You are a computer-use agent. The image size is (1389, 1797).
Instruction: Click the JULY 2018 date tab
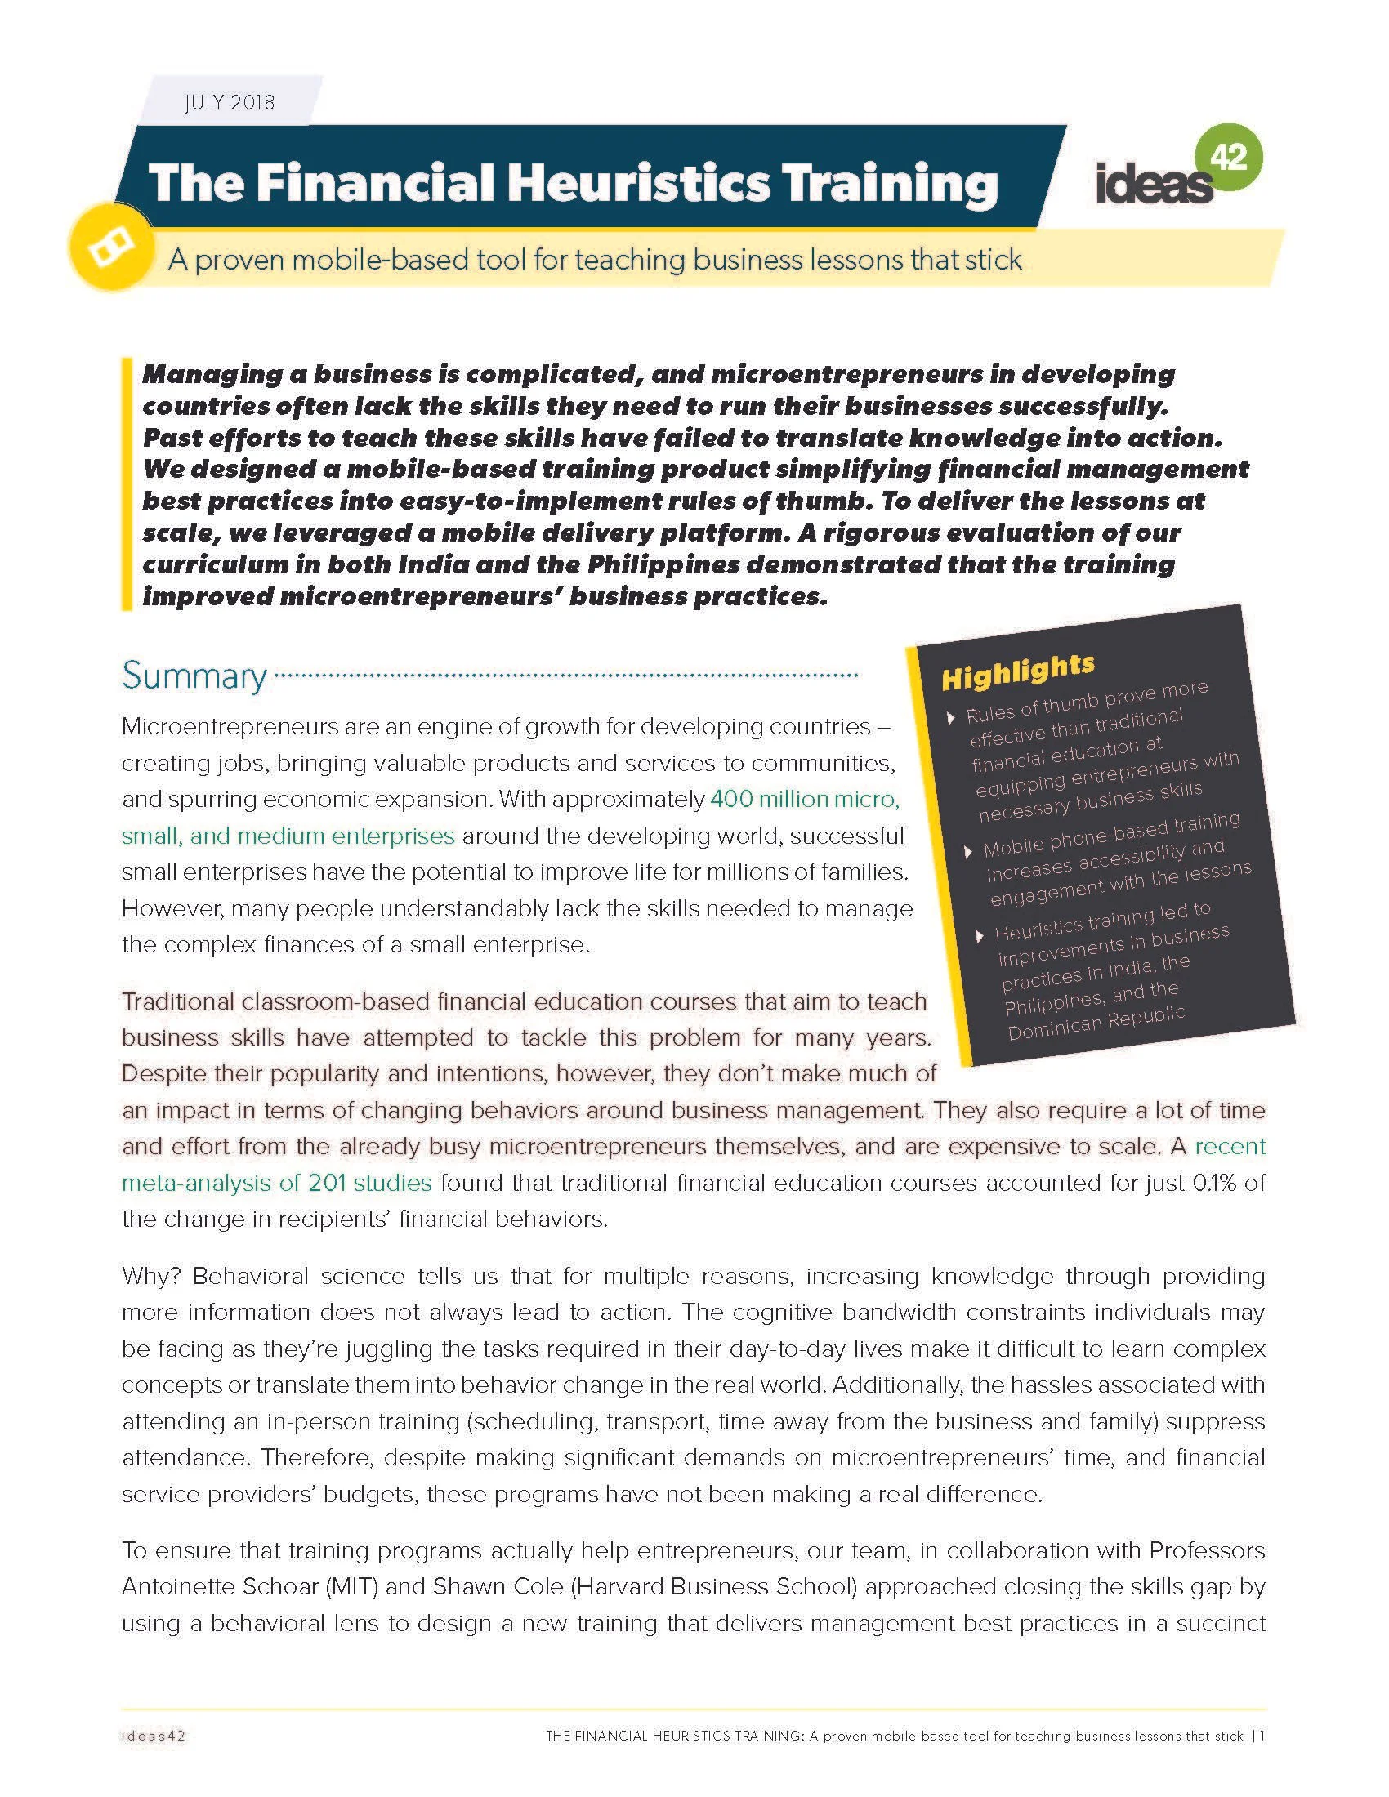pyautogui.click(x=230, y=103)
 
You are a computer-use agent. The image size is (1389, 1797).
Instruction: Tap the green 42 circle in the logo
pyautogui.click(x=1230, y=157)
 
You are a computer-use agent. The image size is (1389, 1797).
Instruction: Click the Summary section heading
pyautogui.click(x=194, y=676)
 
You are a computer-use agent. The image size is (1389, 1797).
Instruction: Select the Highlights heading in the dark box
pyautogui.click(x=1018, y=672)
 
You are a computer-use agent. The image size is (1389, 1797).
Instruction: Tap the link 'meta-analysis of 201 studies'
pyautogui.click(x=276, y=1184)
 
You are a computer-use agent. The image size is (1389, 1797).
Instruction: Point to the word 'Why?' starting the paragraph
pyautogui.click(x=150, y=1276)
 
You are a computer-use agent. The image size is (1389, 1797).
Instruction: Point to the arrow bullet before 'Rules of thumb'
pyautogui.click(x=951, y=718)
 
